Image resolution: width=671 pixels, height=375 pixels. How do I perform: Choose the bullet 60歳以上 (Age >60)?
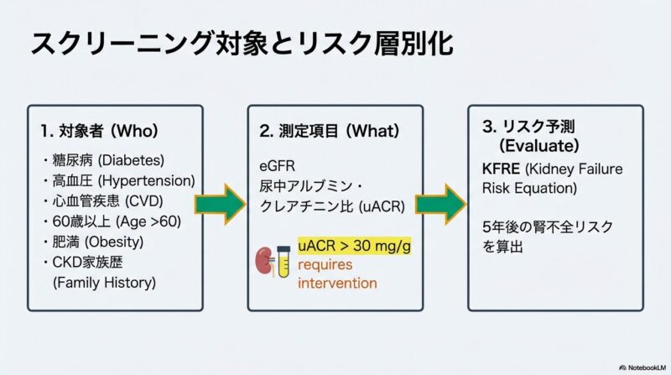pos(110,221)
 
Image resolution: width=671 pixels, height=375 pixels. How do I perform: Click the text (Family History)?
pos(104,283)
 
